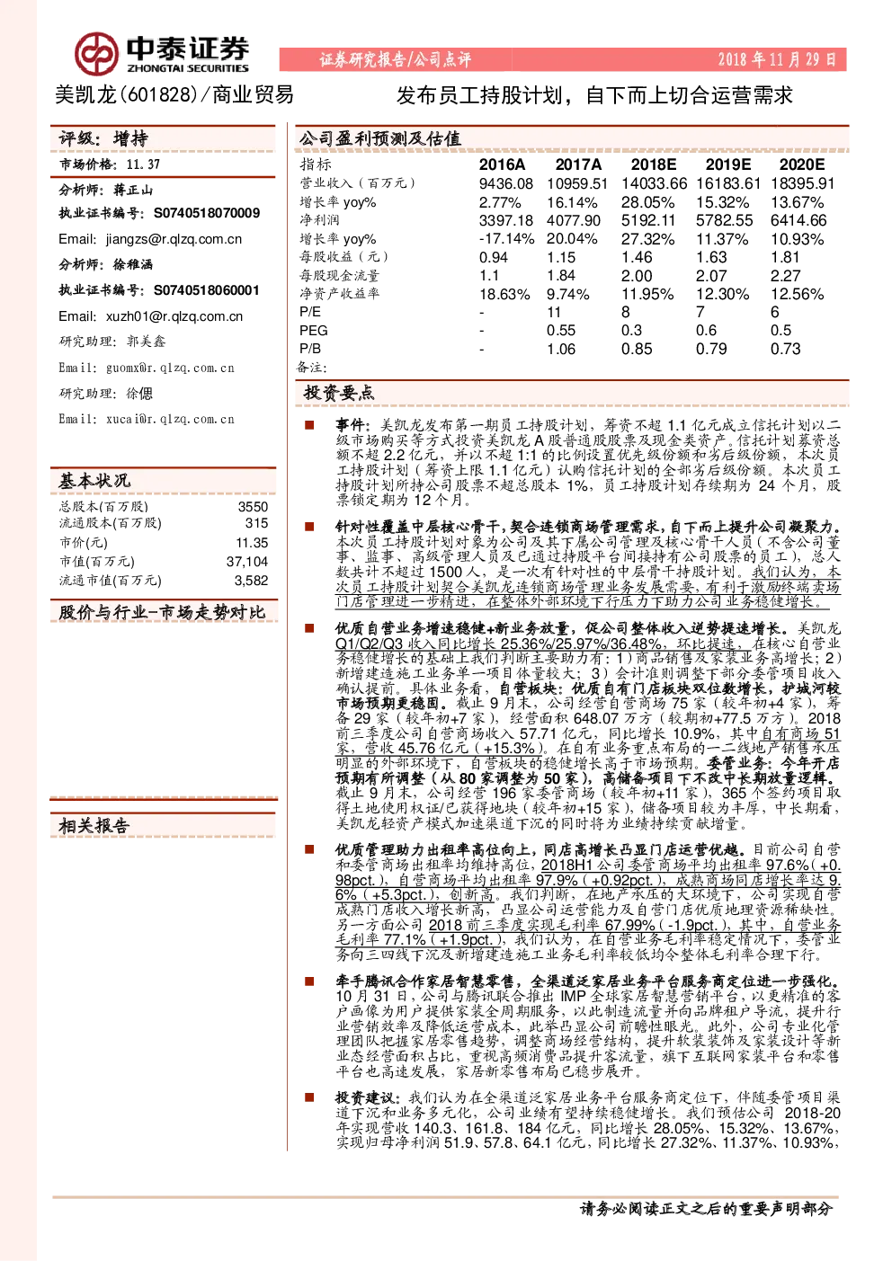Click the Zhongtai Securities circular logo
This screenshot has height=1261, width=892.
pos(97,54)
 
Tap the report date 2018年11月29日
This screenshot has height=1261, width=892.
pos(777,59)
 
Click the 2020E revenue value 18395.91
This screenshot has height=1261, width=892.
pos(802,183)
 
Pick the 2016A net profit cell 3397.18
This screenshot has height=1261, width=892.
pos(505,220)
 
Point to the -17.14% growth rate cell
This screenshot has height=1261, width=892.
pos(506,239)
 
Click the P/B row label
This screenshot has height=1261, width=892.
pos(310,349)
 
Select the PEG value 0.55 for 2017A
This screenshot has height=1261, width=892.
pos(561,331)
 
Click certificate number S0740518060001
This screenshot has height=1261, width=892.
pos(207,290)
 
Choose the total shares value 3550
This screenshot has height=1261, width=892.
pos(253,507)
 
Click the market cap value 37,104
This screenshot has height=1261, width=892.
pos(247,561)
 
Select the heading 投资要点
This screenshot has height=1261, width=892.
pos(338,393)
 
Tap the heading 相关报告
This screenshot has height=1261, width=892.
pos(94,826)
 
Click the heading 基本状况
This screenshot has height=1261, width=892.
pos(94,481)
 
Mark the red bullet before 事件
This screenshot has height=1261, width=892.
pos(309,425)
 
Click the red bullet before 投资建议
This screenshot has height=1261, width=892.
pos(309,1097)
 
